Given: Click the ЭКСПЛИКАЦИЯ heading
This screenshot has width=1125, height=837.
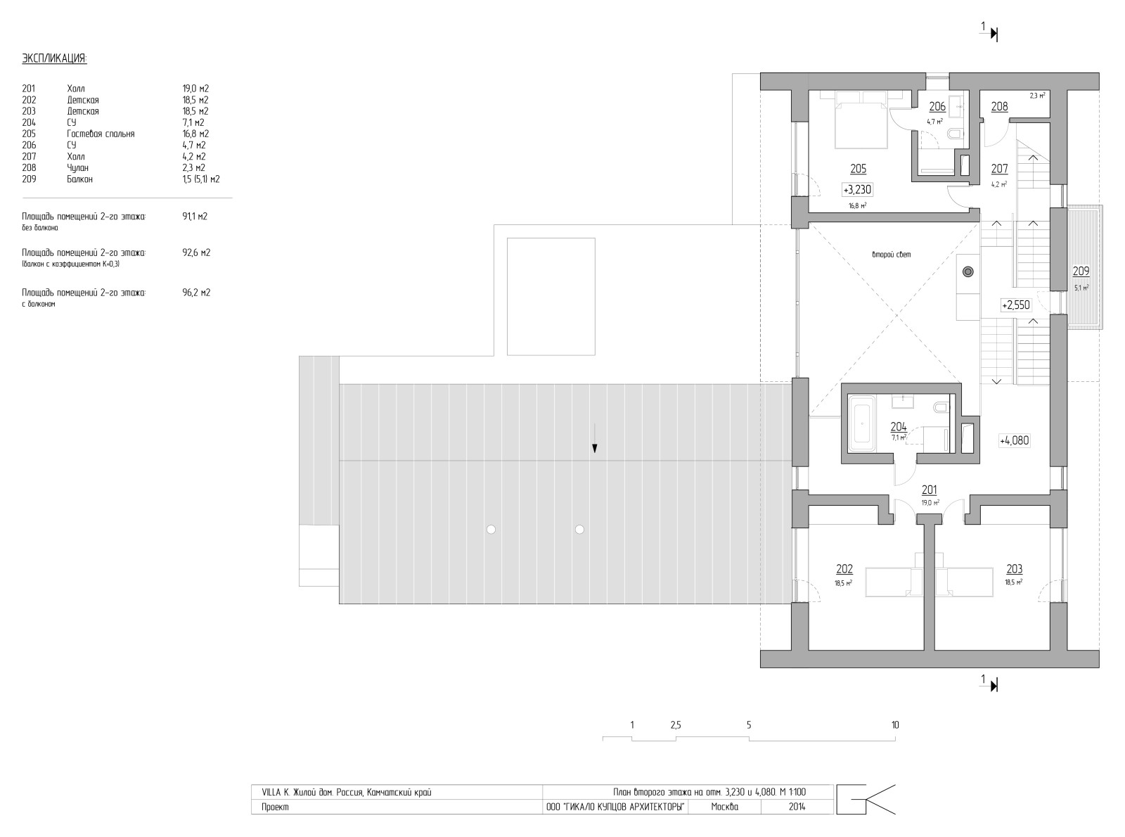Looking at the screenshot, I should pos(54,58).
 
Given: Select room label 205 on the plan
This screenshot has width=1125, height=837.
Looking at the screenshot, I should pos(858,169).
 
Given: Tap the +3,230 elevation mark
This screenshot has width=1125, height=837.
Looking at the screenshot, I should pos(857,189).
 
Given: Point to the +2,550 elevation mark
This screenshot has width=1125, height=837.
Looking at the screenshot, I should pos(1015,305).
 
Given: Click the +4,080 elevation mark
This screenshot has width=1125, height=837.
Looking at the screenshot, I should pos(1014,441).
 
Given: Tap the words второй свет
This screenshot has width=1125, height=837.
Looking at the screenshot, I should pos(891,255).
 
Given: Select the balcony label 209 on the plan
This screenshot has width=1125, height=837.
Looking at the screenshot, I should pos(1081,271).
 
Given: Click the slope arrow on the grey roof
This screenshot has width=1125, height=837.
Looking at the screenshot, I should pos(594,440).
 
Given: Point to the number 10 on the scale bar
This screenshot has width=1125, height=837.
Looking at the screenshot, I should pos(895,725).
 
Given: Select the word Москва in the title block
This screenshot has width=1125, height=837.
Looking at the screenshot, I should pos(724,807).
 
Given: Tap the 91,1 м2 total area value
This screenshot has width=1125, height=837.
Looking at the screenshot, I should pos(194,217).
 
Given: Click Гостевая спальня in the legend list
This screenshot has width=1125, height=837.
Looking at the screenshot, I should pos(101,134).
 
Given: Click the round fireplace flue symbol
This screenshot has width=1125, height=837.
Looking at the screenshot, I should pos(968,271).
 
